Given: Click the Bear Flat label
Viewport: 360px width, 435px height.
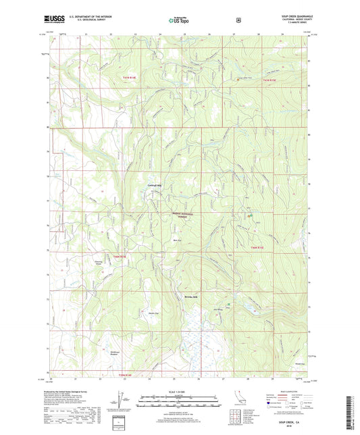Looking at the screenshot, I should click(177, 238).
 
